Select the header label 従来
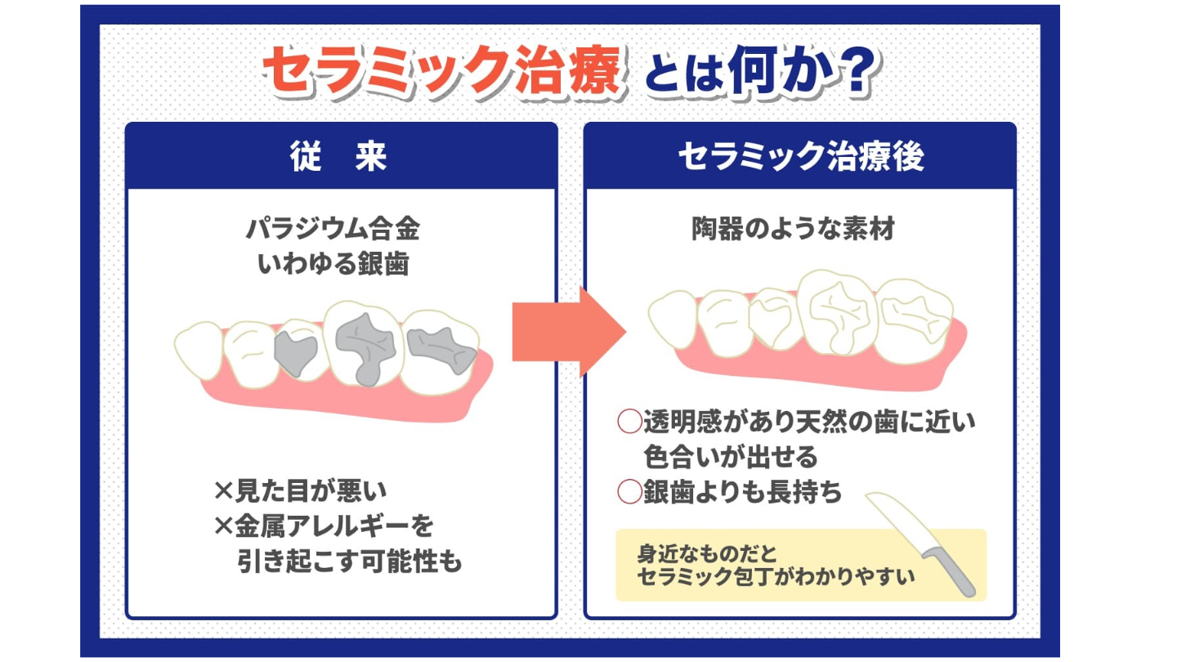(x=338, y=156)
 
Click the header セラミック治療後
(x=800, y=156)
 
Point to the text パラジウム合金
(x=333, y=230)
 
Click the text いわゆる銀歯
(x=333, y=264)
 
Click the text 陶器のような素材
(x=793, y=230)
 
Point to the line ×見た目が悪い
(x=300, y=491)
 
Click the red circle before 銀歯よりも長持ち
(x=629, y=492)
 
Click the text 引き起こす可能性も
(x=350, y=562)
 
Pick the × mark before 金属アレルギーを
(x=223, y=526)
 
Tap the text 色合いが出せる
(x=730, y=456)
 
